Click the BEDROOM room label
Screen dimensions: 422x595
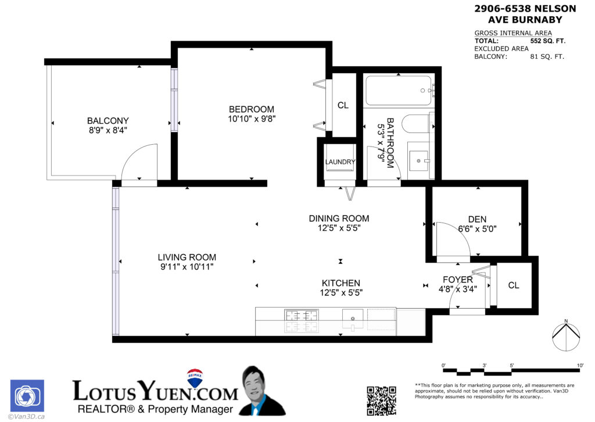[x=251, y=109]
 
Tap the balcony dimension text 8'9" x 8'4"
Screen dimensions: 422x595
[x=107, y=130]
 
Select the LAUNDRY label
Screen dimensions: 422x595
[x=340, y=162]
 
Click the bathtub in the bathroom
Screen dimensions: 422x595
[x=399, y=91]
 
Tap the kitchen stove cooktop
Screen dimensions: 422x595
[x=302, y=321]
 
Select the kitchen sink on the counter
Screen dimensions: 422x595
[x=353, y=318]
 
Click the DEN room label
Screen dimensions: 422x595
[x=477, y=219]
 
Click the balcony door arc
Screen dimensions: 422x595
[x=139, y=163]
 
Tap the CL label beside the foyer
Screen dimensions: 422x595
[x=514, y=285]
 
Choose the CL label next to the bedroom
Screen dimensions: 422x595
[x=343, y=105]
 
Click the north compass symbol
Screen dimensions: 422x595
[x=565, y=337]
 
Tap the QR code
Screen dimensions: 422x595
[x=381, y=400]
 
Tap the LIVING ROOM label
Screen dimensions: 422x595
[x=187, y=258]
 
